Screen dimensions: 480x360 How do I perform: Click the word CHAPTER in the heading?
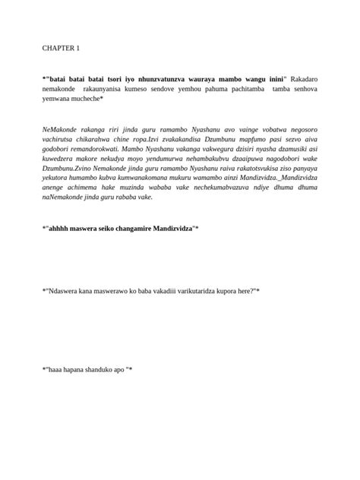tap(57, 49)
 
